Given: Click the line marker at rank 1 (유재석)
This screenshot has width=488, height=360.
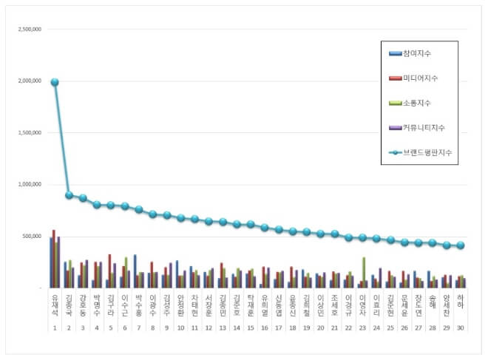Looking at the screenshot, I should tap(55, 82).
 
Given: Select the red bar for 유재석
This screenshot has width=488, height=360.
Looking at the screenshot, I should tap(54, 259).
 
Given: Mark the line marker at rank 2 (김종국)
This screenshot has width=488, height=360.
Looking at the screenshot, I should tap(69, 195).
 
